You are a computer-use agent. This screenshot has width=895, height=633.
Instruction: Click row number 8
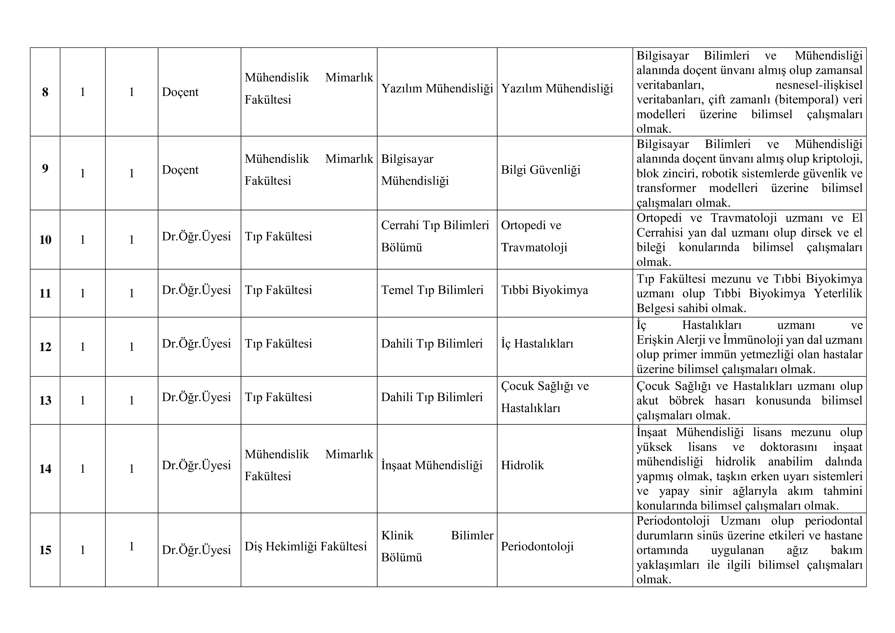click(45, 92)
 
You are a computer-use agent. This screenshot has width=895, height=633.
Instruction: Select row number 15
click(45, 550)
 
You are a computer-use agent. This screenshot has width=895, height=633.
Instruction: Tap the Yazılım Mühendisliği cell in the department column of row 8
click(437, 89)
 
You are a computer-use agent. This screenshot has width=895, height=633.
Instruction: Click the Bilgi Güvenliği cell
click(541, 170)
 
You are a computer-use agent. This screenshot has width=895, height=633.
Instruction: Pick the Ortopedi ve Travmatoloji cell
click(534, 236)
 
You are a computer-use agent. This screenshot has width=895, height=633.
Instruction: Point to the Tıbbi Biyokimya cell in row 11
click(544, 290)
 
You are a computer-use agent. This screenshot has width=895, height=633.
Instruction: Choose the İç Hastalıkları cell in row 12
click(537, 343)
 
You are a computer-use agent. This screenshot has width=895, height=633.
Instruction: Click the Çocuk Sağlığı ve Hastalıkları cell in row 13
click(544, 397)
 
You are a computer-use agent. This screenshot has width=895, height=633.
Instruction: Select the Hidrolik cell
click(522, 465)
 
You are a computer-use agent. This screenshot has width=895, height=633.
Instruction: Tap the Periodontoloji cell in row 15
click(537, 547)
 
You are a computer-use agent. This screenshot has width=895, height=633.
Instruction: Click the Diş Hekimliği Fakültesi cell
click(306, 547)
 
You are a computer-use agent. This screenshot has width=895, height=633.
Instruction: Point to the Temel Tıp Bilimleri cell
click(432, 290)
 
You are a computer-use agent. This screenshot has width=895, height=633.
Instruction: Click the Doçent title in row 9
click(180, 170)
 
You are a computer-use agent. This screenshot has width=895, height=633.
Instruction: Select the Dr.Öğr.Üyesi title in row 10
click(196, 236)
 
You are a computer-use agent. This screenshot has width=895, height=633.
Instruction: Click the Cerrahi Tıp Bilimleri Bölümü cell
click(435, 236)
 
